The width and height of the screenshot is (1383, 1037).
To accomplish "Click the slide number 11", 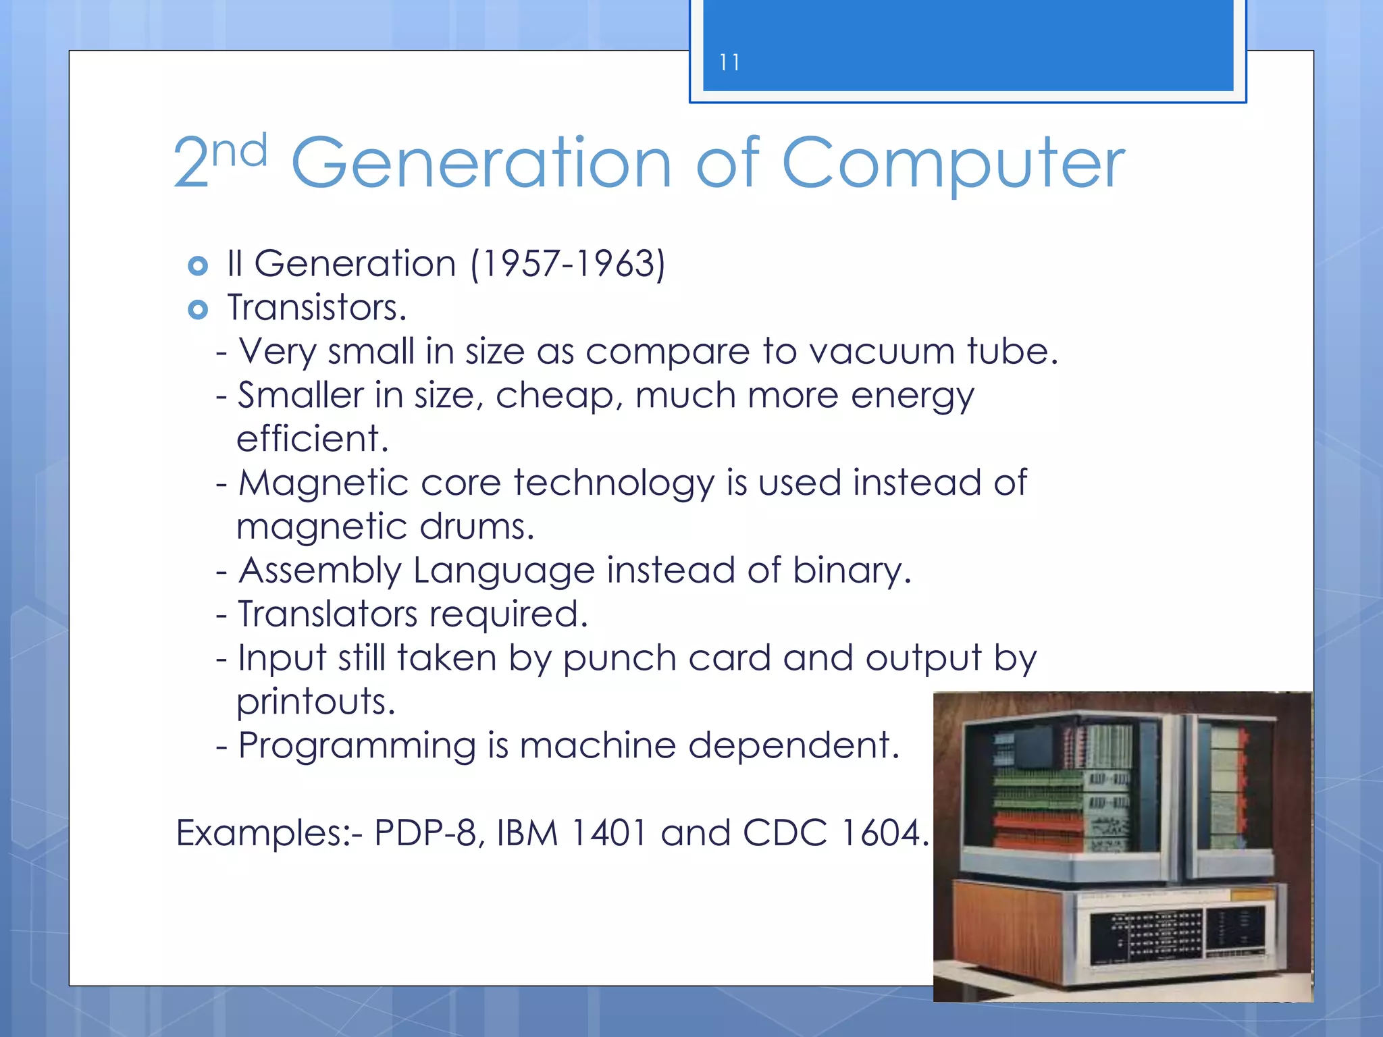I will click(x=729, y=63).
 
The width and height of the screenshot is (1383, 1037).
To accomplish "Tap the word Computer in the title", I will click(x=953, y=164).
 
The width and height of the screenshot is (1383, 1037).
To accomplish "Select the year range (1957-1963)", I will click(x=568, y=263).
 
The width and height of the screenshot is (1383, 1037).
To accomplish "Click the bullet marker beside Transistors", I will click(x=198, y=310).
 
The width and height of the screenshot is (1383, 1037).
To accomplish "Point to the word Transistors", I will click(x=317, y=308).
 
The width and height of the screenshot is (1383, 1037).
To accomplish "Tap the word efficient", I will click(x=313, y=439).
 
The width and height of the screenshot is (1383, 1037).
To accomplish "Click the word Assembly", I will click(x=321, y=571).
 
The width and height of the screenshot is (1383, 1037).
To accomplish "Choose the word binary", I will click(x=852, y=570).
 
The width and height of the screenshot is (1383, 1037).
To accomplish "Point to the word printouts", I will click(x=315, y=702).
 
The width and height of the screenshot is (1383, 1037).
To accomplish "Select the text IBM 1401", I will click(x=572, y=833).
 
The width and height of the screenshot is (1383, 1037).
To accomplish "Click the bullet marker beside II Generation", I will click(x=198, y=266).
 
